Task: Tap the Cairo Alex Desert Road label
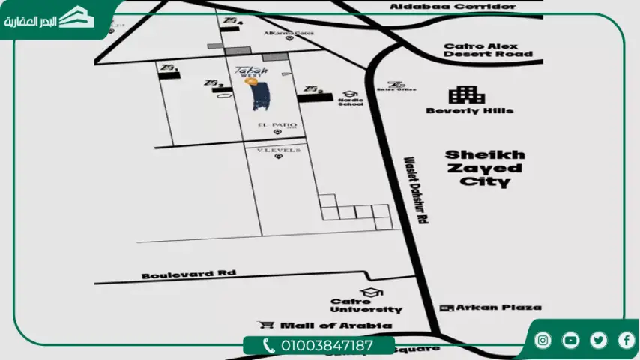488,49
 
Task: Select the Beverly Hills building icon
466,94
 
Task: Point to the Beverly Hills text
469,110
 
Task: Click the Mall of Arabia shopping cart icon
265,325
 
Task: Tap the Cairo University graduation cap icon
366,292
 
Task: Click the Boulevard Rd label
188,274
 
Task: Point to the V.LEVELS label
278,150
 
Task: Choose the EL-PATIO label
277,124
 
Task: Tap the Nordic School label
350,101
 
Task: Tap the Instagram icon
543,340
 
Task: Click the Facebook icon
626,340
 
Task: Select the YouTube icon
571,340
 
